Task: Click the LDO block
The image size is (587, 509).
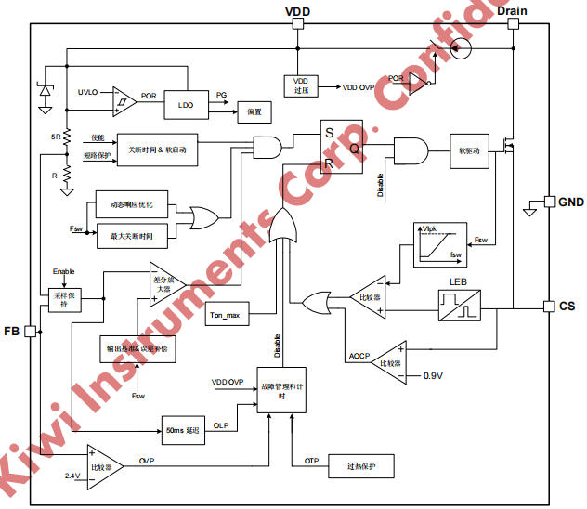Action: click(x=186, y=105)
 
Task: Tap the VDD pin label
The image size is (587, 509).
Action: click(x=297, y=10)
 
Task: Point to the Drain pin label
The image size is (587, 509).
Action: click(x=513, y=10)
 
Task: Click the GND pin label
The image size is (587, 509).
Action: click(x=570, y=202)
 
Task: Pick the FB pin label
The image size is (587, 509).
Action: click(x=11, y=332)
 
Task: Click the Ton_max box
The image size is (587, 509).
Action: click(x=225, y=316)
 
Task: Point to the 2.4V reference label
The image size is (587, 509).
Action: click(x=72, y=476)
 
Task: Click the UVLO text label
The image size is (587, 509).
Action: click(x=89, y=91)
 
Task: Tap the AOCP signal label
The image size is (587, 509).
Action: click(x=359, y=357)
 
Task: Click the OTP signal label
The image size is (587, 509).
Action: click(x=311, y=461)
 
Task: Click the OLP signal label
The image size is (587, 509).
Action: click(x=220, y=425)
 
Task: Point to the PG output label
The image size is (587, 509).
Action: click(x=221, y=95)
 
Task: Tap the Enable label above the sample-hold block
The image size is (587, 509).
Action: click(x=63, y=270)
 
